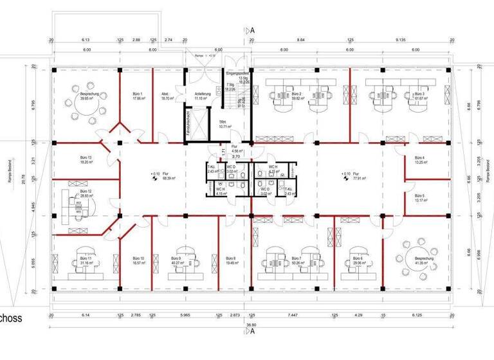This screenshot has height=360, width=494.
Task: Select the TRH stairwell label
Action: [x=223, y=123]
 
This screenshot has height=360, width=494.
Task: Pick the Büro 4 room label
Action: [x=419, y=159]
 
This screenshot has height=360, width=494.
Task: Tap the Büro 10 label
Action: [x=138, y=259]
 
